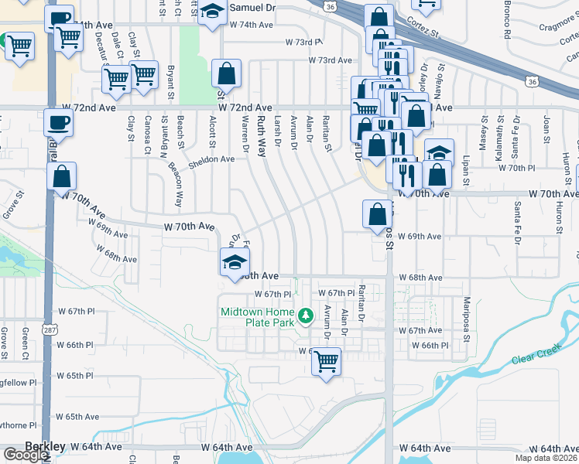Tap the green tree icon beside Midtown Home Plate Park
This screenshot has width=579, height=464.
click(x=307, y=316)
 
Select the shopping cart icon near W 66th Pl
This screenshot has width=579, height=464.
click(x=327, y=361)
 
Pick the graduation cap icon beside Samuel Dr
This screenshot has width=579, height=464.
click(x=211, y=12)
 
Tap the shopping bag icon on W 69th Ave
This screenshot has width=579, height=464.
click(x=377, y=213)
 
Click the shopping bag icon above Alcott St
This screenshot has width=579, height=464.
click(x=226, y=74)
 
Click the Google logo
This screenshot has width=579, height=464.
click(x=26, y=455)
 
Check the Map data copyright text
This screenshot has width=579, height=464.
click(x=546, y=458)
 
